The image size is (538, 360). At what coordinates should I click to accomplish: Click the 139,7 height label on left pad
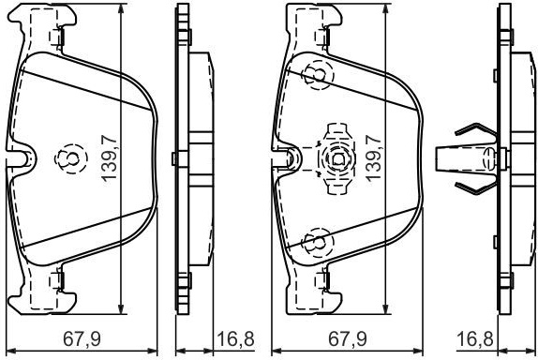point(109,157)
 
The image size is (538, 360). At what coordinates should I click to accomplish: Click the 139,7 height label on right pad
point(374,157)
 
